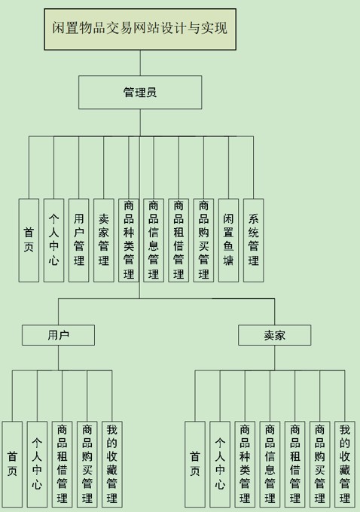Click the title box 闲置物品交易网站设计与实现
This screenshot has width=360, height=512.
click(140, 29)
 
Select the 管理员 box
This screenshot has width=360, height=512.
click(140, 93)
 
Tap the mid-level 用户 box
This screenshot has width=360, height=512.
click(59, 335)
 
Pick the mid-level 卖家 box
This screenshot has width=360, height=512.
click(274, 335)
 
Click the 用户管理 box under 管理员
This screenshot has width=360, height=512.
click(79, 240)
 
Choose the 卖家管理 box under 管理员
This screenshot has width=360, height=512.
click(104, 240)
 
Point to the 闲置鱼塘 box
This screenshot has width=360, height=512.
click(228, 240)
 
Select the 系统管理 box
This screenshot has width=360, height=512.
click(254, 240)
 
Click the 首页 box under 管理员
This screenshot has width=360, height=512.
click(29, 240)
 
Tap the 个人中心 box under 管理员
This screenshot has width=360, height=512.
click(54, 240)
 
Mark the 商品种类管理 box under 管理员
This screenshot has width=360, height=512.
click(129, 240)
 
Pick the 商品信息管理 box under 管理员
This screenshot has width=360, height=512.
click(154, 240)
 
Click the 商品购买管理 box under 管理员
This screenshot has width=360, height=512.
click(203, 240)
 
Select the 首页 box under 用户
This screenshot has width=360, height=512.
click(12, 464)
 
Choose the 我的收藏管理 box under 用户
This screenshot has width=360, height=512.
click(112, 464)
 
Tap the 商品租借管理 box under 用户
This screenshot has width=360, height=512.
click(62, 464)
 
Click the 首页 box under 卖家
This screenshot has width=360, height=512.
click(195, 464)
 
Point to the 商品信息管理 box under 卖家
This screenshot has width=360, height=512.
click(270, 464)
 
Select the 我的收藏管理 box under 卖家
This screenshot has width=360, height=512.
click(345, 464)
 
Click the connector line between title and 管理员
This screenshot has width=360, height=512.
click(140, 63)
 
